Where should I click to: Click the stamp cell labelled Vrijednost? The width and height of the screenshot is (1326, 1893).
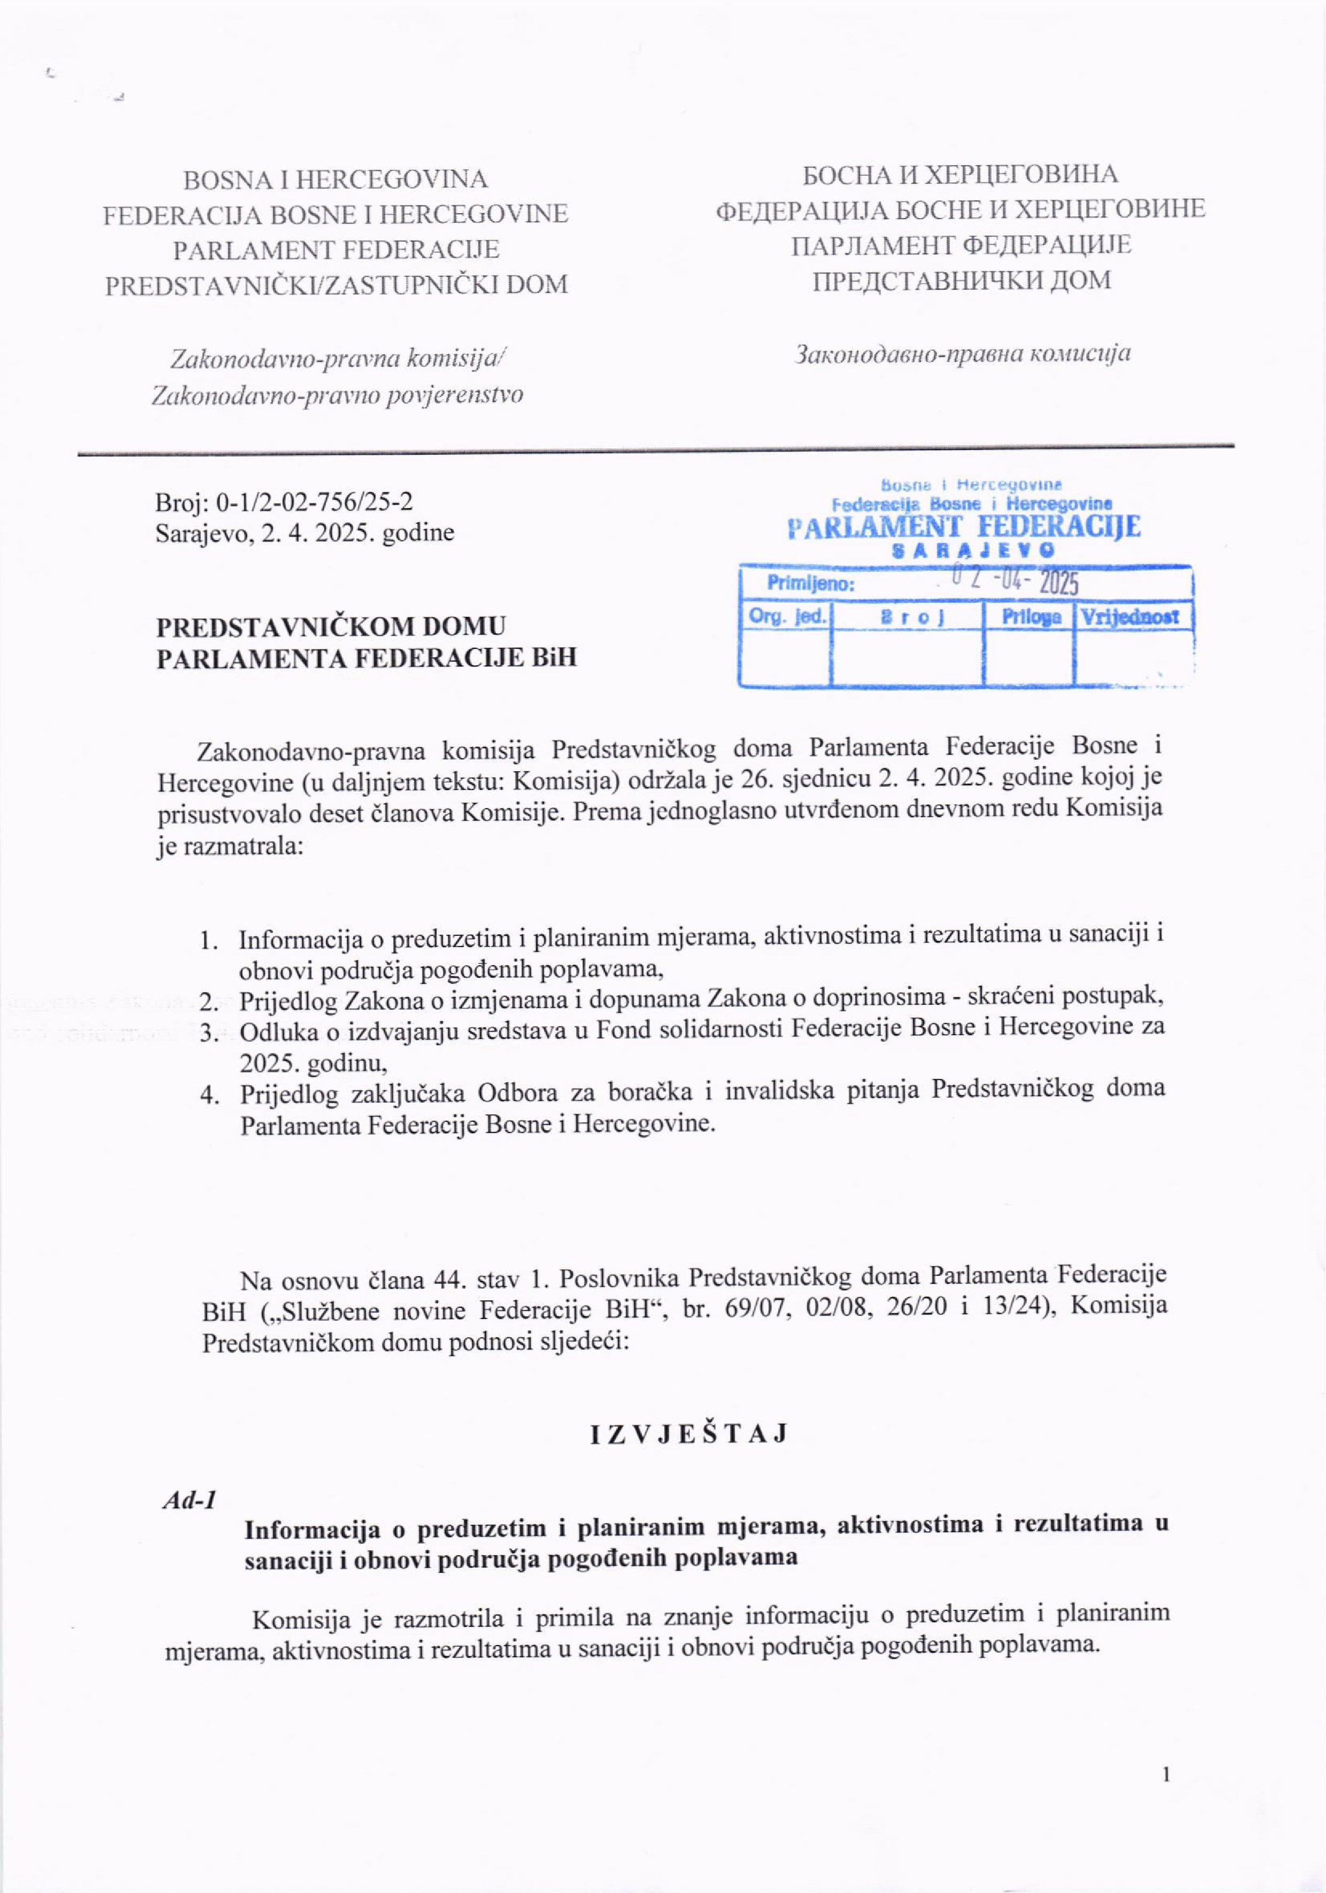click(x=1133, y=617)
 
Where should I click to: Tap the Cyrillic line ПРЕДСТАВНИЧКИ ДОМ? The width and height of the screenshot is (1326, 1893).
click(x=961, y=281)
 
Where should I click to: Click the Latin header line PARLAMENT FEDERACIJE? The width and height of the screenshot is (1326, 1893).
click(x=336, y=249)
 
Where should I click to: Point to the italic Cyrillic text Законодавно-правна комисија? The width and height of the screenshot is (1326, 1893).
click(x=961, y=354)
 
